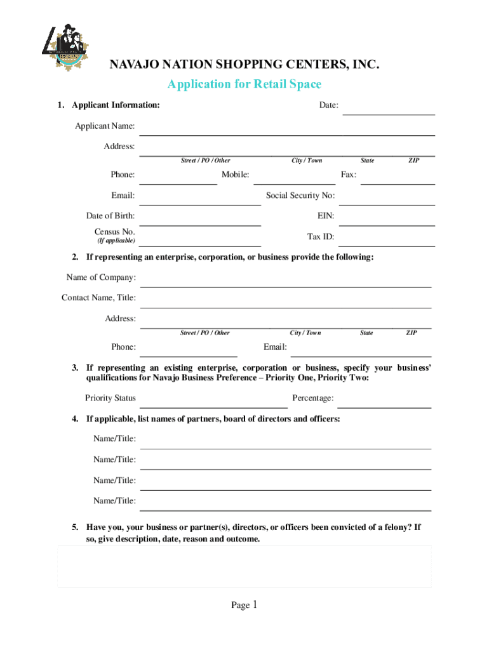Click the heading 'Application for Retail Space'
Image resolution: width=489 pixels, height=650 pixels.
[244, 84]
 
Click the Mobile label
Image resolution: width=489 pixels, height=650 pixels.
[235, 175]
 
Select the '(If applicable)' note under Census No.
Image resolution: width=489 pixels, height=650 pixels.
[116, 241]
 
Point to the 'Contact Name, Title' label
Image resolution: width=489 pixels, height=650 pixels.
[98, 298]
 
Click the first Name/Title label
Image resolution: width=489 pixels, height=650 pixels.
[114, 439]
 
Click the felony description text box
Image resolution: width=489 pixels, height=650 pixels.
[245, 566]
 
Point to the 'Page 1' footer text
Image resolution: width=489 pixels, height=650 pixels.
[244, 606]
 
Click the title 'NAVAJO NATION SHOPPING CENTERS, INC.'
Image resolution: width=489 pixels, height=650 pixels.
[244, 65]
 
